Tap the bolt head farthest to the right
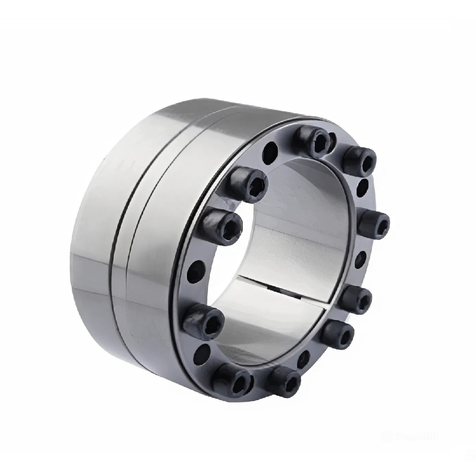[x=374, y=223]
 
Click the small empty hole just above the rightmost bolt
[x=362, y=186]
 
